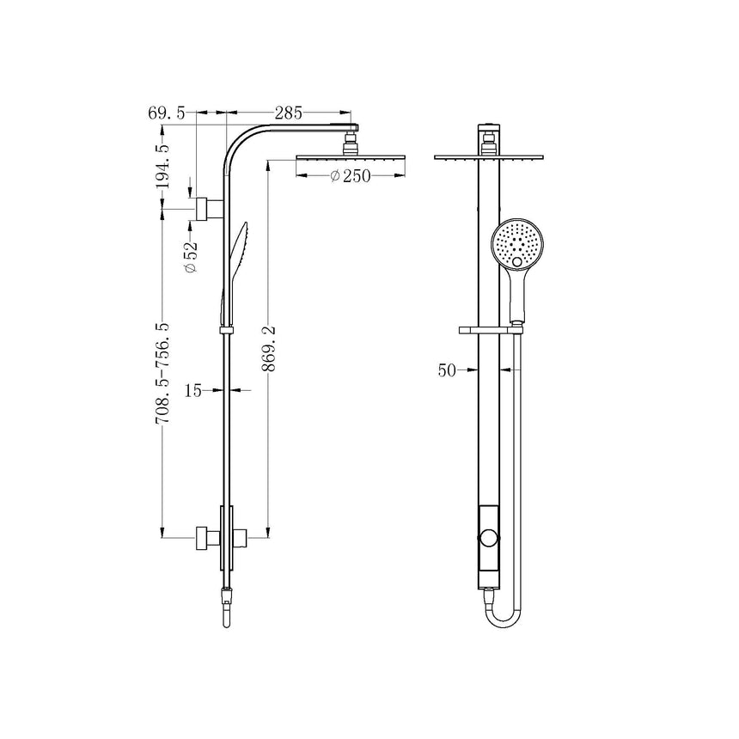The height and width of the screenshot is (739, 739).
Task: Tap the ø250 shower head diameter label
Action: tap(349, 176)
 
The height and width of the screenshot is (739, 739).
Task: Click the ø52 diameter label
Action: tap(191, 256)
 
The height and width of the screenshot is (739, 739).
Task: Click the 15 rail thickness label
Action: tap(193, 390)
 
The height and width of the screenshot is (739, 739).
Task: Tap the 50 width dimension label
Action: tap(446, 370)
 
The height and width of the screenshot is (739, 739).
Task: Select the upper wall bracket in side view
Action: tap(206, 209)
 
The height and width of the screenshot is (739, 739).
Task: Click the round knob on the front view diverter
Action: tap(489, 539)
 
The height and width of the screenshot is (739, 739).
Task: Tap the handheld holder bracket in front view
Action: tap(492, 328)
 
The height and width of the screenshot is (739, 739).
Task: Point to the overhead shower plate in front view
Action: tap(490, 157)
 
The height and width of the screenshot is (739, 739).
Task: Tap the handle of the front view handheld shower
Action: tap(517, 296)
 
